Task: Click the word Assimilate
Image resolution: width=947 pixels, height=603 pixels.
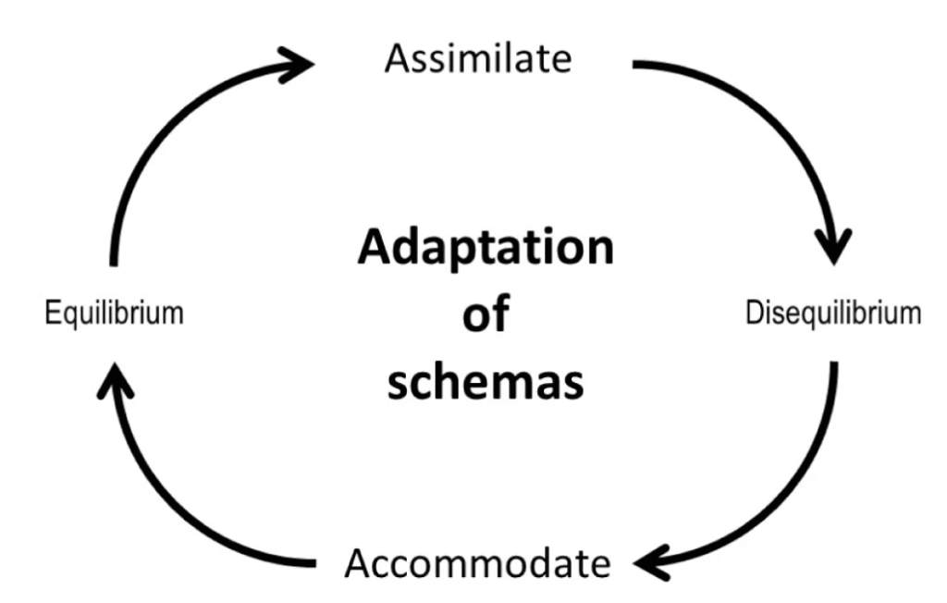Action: (478, 59)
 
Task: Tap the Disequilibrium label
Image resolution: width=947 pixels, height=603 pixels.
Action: (832, 313)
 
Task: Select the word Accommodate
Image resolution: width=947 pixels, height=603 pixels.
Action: (477, 562)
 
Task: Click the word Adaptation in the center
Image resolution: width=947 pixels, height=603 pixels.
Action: (485, 249)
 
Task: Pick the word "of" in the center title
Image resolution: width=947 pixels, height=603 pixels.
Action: (485, 314)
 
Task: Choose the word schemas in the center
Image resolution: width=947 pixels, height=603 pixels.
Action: (485, 381)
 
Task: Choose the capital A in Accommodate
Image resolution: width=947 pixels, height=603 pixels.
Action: (361, 562)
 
